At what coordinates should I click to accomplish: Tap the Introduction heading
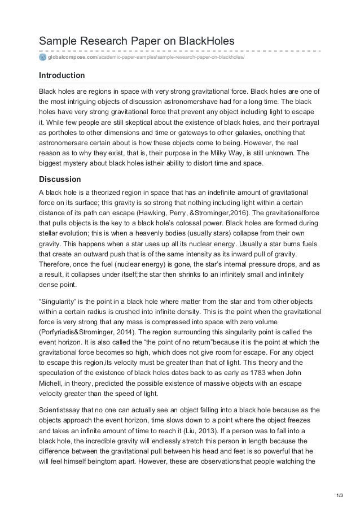pos(62,75)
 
